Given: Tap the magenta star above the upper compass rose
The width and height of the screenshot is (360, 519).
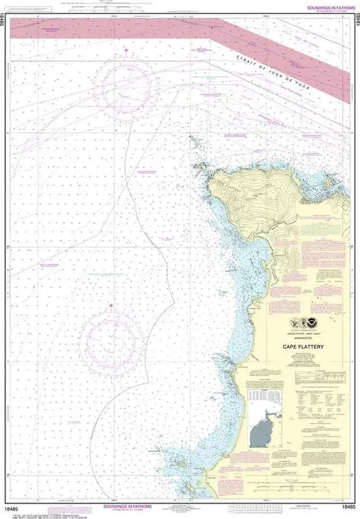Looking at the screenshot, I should click(x=126, y=51).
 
